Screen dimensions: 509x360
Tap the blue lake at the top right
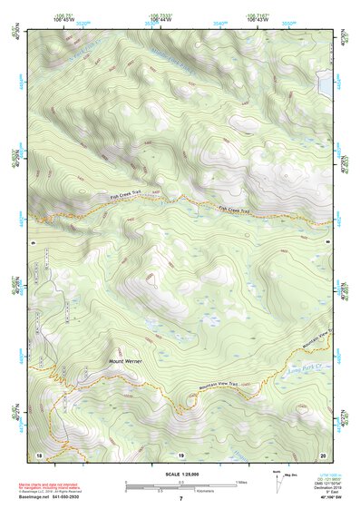(x=326, y=84)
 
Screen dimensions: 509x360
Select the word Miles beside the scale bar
(x=241, y=481)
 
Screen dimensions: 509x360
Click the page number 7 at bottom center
(x=180, y=498)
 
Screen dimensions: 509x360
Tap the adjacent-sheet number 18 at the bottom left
(x=39, y=453)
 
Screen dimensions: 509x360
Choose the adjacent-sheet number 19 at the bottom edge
(x=180, y=453)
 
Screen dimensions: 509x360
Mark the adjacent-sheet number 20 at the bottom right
(x=323, y=453)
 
